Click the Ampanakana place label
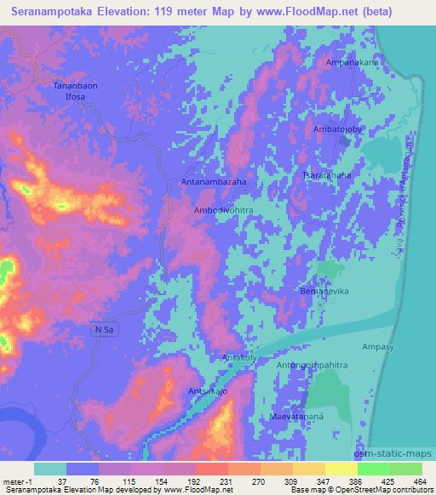coord(351,63)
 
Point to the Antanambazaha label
coord(214,182)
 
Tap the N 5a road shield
coord(103,327)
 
